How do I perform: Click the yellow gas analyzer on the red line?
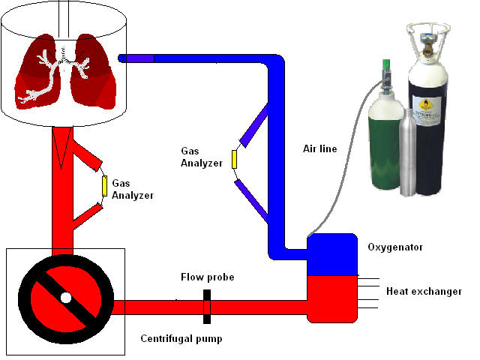point(104,184)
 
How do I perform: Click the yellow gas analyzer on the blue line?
point(234,159)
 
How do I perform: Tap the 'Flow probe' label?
point(207,277)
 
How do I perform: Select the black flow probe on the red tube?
point(206,307)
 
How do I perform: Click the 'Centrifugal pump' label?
point(181,338)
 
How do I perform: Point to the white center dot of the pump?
point(66,298)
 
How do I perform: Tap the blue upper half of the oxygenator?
point(331,253)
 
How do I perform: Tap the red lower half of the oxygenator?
point(331,296)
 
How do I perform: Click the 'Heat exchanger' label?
point(424,291)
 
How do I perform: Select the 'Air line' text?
point(320,149)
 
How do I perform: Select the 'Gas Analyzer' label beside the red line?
point(133,188)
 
